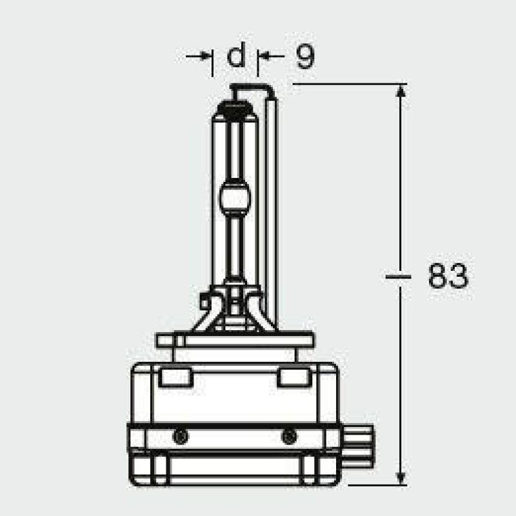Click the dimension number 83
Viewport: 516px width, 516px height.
tap(448, 276)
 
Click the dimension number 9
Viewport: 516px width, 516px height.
tap(304, 57)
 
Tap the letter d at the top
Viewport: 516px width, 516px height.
tap(237, 57)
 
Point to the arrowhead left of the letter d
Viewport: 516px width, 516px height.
tap(206, 57)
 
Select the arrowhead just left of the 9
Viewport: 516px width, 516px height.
tap(264, 57)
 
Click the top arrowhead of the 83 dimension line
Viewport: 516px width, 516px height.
tap(401, 91)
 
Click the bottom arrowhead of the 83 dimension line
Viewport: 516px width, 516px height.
tap(401, 477)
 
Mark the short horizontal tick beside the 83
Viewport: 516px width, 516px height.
tap(398, 276)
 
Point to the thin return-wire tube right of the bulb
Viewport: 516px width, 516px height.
tap(272, 206)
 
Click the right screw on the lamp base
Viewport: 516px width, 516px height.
tap(288, 437)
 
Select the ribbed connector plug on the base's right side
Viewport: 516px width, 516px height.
tap(356, 445)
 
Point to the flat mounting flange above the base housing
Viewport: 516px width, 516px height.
tap(235, 339)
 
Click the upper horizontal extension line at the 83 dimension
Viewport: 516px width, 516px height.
tap(348, 84)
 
